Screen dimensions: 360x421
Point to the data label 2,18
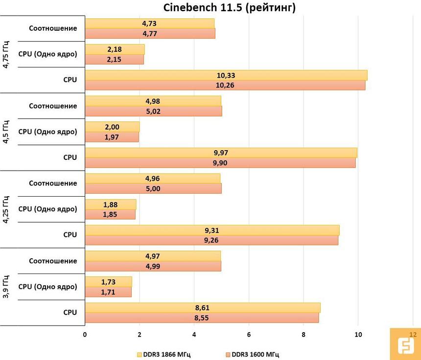coord(115,49)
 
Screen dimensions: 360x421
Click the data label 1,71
coord(108,292)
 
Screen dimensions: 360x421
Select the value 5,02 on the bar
coord(153,111)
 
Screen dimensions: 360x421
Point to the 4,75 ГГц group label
coord(6,54)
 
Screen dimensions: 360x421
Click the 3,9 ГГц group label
coord(6,287)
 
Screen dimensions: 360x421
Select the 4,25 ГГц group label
coord(6,209)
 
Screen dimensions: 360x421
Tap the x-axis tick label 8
coord(304,335)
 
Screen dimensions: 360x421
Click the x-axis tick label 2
coord(140,335)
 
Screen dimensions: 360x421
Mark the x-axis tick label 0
coord(85,335)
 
